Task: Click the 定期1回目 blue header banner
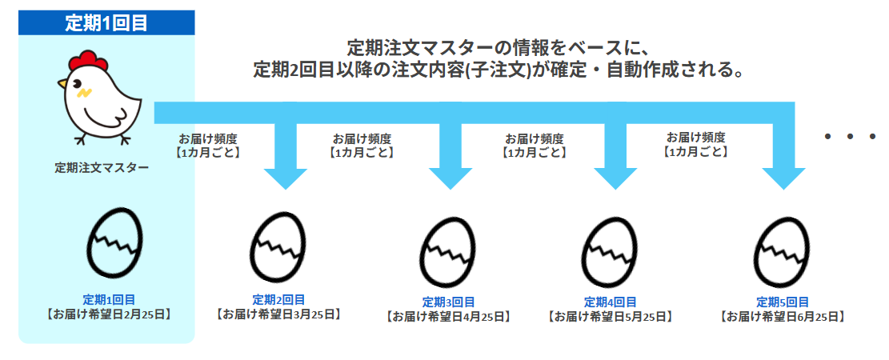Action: tap(106, 22)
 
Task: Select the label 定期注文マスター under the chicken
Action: tap(102, 168)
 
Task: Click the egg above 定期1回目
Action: tap(114, 241)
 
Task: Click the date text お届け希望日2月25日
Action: tap(107, 313)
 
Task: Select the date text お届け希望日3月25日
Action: tap(278, 314)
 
